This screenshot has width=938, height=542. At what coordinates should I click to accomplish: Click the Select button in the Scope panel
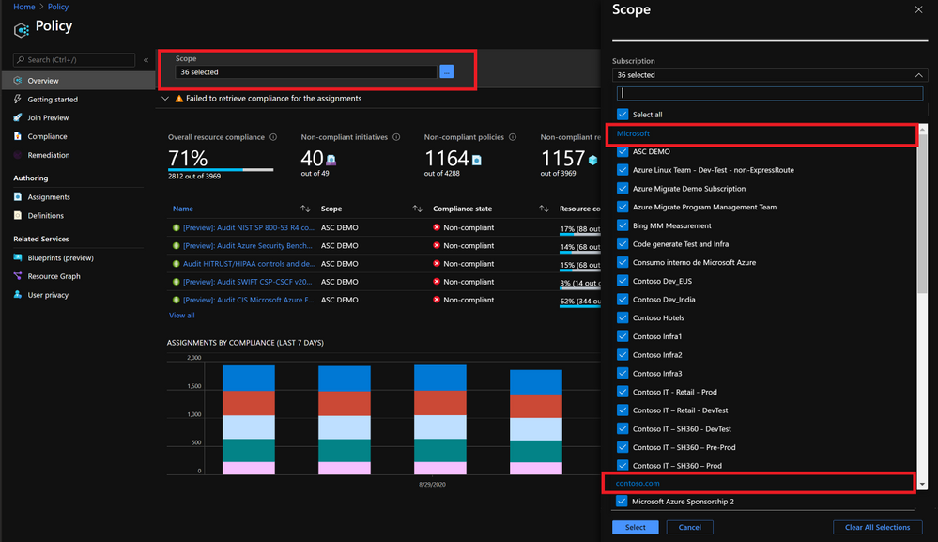pos(635,527)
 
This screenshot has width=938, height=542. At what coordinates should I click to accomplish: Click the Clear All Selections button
pos(877,527)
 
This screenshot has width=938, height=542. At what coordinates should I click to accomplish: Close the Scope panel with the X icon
pos(918,9)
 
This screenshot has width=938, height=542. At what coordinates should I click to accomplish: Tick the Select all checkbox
pos(623,115)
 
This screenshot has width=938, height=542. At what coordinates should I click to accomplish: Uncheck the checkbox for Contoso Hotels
pos(623,317)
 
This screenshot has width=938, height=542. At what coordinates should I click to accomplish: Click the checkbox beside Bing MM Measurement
pos(623,225)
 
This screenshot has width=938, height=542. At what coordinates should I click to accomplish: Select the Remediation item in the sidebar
pos(48,155)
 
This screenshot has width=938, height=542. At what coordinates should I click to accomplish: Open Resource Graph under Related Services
pos(54,276)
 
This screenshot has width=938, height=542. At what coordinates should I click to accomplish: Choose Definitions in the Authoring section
pos(45,216)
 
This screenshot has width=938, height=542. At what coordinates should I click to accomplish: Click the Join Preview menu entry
pos(48,118)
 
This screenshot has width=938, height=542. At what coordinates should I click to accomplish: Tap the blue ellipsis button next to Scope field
pos(446,71)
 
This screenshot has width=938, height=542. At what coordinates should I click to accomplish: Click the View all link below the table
pos(182,316)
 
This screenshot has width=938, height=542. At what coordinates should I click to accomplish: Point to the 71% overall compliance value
pos(188,158)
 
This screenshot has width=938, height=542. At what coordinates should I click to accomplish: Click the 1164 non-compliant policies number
pos(446,158)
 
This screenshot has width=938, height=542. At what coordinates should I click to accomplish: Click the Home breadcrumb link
pos(23,7)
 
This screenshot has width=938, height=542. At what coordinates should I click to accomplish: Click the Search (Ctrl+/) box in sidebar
pos(75,60)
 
